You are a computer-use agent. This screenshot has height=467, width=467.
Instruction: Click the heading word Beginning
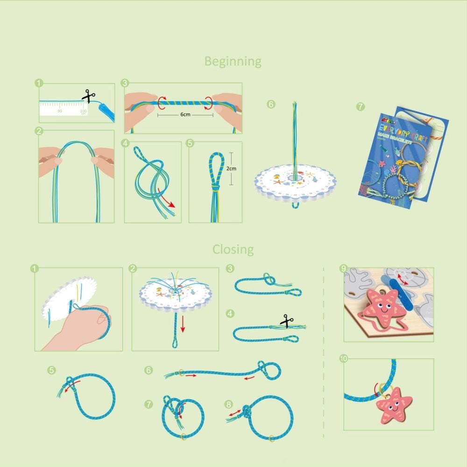coord(233,61)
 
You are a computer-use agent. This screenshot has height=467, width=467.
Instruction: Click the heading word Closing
coord(233,249)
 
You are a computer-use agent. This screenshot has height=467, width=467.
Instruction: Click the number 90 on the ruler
coord(59,111)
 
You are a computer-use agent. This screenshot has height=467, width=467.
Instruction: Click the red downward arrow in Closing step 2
coord(183,325)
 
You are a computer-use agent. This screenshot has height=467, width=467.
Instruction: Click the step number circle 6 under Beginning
coord(271,105)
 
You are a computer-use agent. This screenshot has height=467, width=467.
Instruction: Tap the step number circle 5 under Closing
coord(51,370)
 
